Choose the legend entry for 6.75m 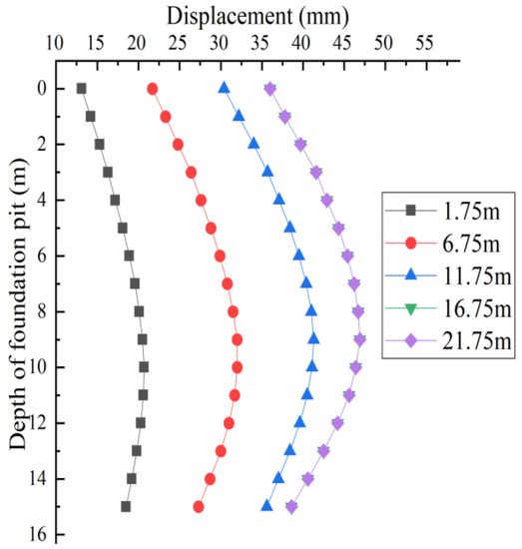pyautogui.click(x=460, y=245)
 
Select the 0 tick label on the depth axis pyautogui.click(x=46, y=88)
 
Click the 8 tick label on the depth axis pyautogui.click(x=46, y=311)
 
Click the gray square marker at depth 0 pyautogui.click(x=81, y=88)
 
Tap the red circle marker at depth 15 pyautogui.click(x=199, y=507)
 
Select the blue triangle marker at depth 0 pyautogui.click(x=224, y=88)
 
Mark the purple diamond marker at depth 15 pyautogui.click(x=291, y=507)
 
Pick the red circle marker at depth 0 pyautogui.click(x=153, y=88)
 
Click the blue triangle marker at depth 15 pyautogui.click(x=266, y=506)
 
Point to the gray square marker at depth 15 pyautogui.click(x=126, y=507)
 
